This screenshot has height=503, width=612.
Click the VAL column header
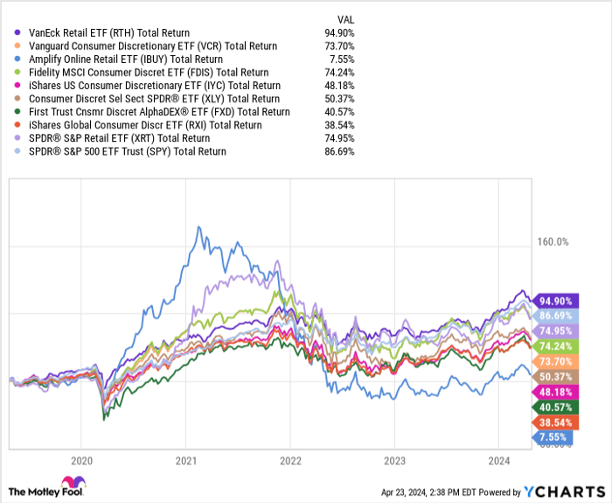click(346, 18)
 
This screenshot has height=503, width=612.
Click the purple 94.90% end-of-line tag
click(556, 299)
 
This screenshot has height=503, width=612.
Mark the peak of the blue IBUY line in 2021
click(198, 227)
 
